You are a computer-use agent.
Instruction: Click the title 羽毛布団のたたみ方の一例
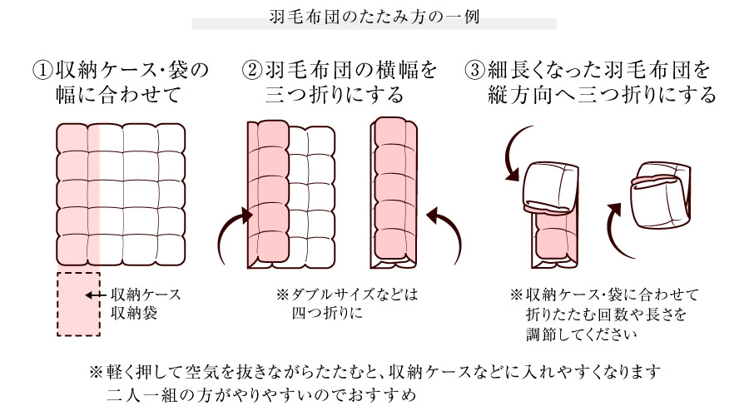(x=374, y=16)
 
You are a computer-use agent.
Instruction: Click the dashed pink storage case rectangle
(x=78, y=304)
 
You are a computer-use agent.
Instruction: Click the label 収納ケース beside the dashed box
(x=146, y=295)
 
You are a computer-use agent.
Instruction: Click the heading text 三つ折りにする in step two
(x=334, y=95)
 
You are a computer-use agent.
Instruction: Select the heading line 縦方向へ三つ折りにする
(x=603, y=95)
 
